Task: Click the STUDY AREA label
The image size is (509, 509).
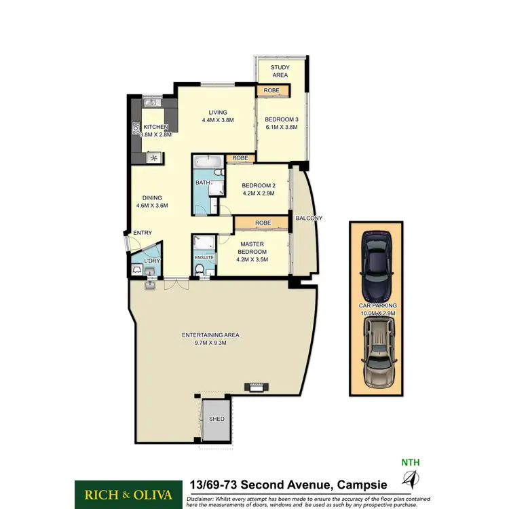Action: coord(280,71)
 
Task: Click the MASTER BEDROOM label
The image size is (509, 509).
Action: coord(251,248)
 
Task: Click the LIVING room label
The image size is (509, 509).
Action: coord(217,113)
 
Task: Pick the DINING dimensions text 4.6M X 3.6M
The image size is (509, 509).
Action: coord(152,206)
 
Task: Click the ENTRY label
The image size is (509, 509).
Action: coord(143,233)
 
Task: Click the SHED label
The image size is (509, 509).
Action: coord(216,419)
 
